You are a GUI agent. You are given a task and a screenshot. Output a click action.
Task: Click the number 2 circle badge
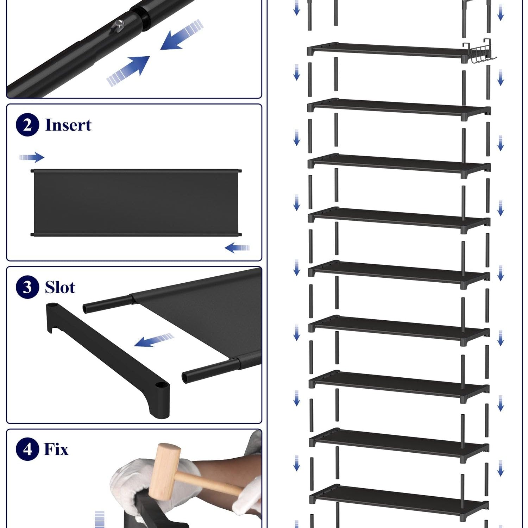tap(27, 125)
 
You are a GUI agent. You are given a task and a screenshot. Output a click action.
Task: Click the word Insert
tap(68, 125)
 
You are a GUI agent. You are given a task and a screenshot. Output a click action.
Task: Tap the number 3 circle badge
tap(27, 287)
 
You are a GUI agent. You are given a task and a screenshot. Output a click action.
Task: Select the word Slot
tap(60, 287)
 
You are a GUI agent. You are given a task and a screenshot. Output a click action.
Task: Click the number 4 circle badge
tap(27, 449)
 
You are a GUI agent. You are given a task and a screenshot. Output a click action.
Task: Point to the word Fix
tap(56, 449)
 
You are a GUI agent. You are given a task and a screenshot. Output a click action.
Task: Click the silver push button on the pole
tap(118, 25)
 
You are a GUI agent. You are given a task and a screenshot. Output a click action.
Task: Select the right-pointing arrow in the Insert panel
tap(32, 157)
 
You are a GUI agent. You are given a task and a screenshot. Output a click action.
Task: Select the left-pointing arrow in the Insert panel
tap(237, 248)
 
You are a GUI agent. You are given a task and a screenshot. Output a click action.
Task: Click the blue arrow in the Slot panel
tap(154, 340)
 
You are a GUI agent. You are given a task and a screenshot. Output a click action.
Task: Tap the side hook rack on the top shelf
tap(479, 52)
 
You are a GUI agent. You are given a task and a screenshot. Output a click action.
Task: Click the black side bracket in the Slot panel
tap(108, 359)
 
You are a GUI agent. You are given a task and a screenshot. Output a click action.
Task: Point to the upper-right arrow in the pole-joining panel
tap(182, 34)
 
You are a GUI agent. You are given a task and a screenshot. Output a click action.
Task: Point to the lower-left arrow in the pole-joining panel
tap(128, 71)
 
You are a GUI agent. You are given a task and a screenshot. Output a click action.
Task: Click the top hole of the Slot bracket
tap(52, 305)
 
